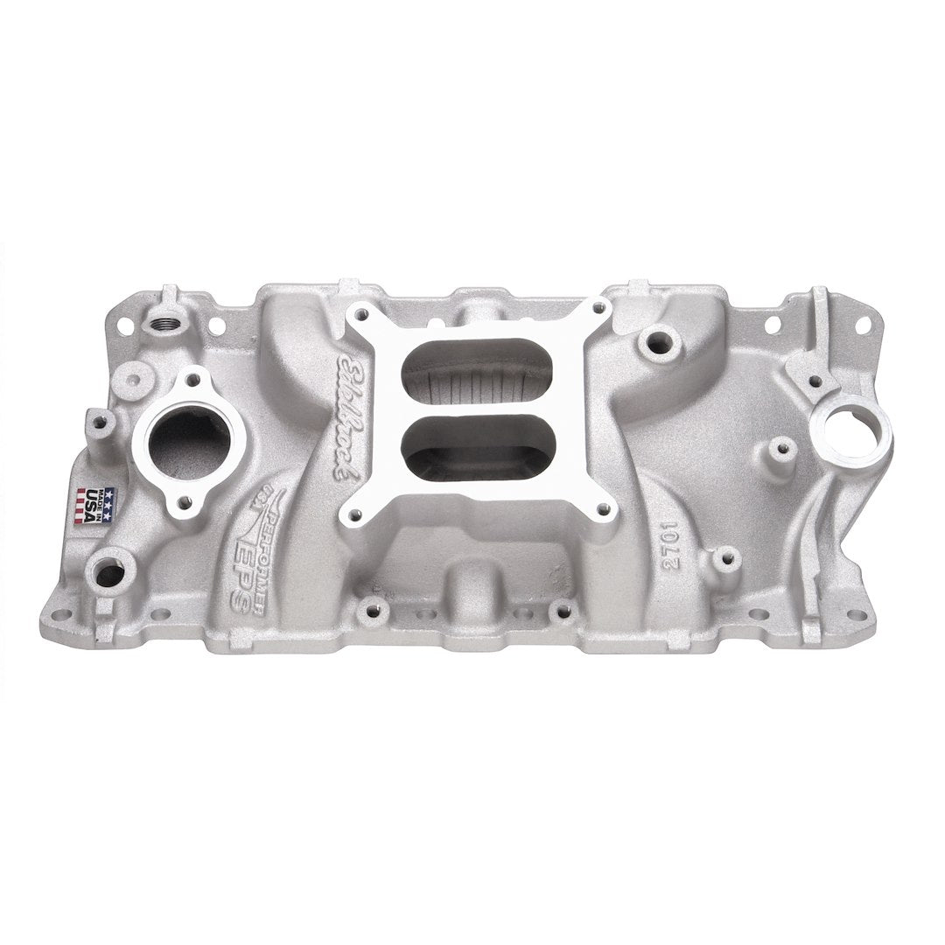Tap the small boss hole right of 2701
[723, 557]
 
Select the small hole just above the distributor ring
[816, 380]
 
